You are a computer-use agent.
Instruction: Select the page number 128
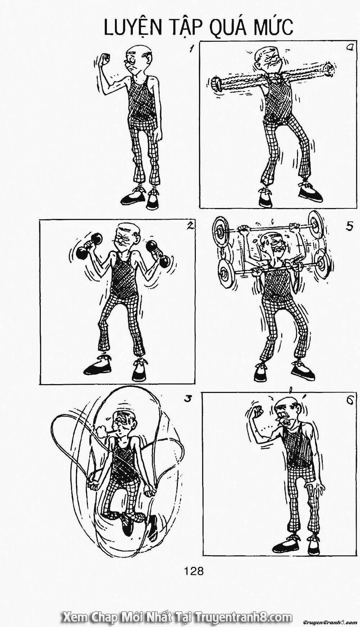click(x=194, y=570)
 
